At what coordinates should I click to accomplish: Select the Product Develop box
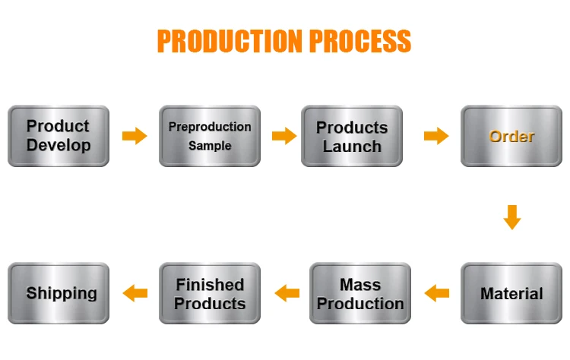tap(59, 136)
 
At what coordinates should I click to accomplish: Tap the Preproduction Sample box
tap(210, 136)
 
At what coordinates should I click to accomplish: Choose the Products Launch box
tap(352, 137)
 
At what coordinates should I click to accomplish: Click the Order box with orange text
tap(512, 137)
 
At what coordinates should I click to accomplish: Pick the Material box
tap(512, 293)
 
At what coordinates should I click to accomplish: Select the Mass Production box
tap(360, 293)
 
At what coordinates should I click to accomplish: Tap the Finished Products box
tap(210, 293)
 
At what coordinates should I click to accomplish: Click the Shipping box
tap(62, 293)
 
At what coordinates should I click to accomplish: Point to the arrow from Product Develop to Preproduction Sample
tap(135, 136)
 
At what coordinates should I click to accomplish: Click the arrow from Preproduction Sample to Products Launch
tap(284, 136)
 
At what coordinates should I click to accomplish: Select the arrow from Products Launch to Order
tap(436, 136)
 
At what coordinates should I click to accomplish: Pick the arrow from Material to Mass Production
tap(437, 292)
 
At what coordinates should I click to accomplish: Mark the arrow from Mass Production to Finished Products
tap(287, 292)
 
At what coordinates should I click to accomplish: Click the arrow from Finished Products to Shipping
tap(135, 292)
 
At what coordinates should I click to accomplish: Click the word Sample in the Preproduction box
tap(210, 145)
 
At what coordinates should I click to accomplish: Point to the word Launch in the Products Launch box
tap(352, 147)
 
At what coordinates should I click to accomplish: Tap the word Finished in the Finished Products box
tap(210, 285)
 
